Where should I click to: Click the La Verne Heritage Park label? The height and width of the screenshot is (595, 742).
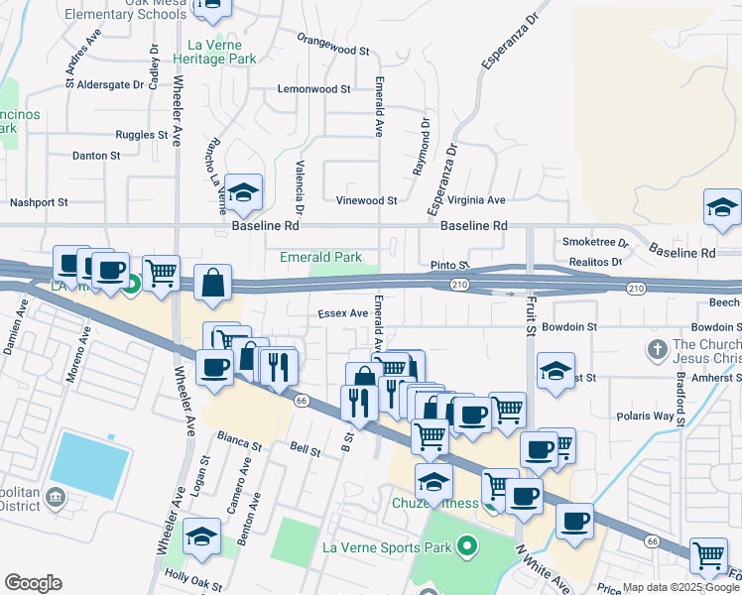tap(222, 52)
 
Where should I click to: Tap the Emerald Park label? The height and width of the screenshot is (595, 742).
tap(320, 257)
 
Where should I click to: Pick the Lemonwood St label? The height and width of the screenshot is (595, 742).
tap(314, 88)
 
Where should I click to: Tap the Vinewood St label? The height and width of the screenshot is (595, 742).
tap(366, 200)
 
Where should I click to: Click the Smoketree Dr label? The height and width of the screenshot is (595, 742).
tap(595, 242)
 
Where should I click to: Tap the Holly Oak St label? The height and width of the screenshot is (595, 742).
tap(190, 574)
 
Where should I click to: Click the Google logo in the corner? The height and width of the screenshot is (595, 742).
tap(33, 583)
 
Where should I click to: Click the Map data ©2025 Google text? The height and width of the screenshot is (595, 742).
tap(680, 587)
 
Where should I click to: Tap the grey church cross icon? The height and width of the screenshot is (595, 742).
tap(655, 350)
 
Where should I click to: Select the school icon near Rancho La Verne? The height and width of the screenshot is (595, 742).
tap(242, 192)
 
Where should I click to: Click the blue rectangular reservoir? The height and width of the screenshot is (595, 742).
tap(90, 466)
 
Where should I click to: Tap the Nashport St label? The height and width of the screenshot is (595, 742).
tap(39, 202)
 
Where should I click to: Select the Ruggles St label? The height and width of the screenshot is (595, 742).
tap(142, 134)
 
